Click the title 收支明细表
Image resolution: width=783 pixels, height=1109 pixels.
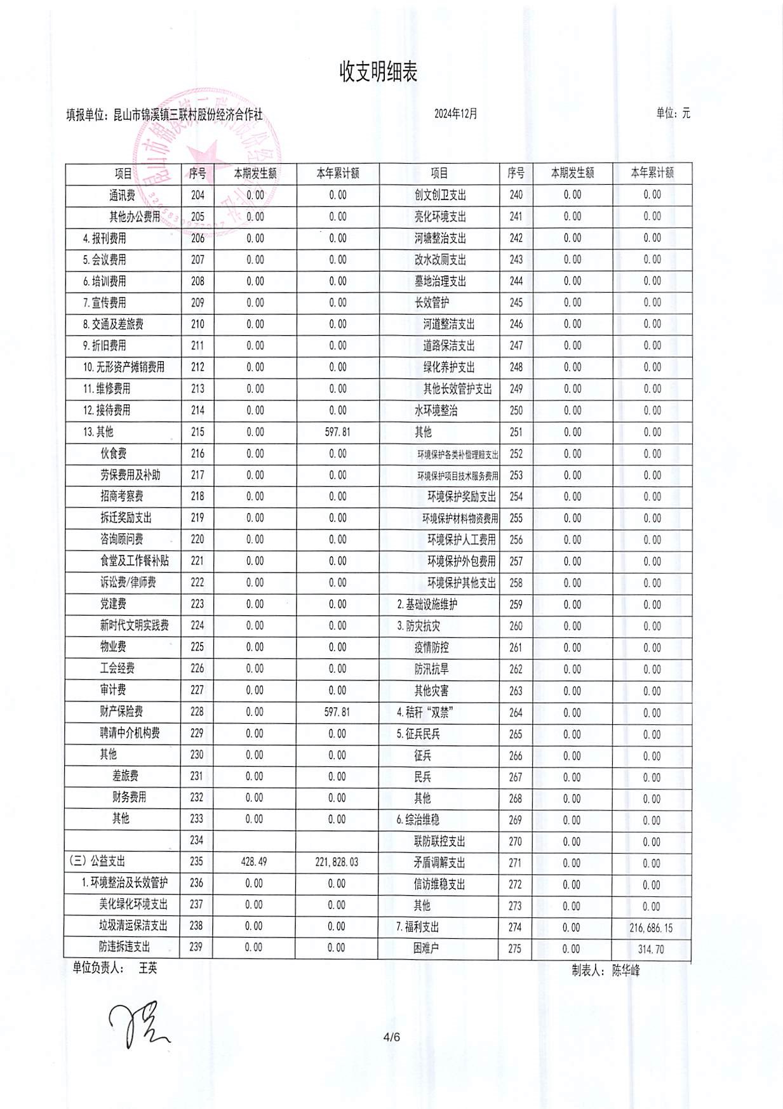click(378, 72)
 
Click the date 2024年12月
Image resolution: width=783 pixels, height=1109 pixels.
click(455, 114)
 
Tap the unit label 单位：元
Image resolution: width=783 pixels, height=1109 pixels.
click(673, 114)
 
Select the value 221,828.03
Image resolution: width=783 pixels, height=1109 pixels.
click(337, 861)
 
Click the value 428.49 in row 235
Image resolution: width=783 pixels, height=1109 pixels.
click(254, 861)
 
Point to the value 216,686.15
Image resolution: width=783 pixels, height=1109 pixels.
click(651, 927)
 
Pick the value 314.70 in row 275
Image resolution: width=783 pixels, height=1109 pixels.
click(651, 949)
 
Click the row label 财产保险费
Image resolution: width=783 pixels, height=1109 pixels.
click(121, 711)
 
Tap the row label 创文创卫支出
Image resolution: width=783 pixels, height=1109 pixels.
click(440, 195)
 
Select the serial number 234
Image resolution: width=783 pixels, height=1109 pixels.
click(197, 840)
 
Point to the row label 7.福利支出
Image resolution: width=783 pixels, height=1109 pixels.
click(418, 927)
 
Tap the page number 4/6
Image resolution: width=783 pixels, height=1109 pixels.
click(392, 1037)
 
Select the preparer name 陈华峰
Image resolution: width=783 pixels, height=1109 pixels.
click(626, 970)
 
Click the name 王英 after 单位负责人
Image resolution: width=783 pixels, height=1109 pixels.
click(148, 968)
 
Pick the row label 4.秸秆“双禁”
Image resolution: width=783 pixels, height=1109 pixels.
click(423, 712)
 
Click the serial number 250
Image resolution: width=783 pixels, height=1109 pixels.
click(516, 411)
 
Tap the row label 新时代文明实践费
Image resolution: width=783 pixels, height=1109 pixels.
click(134, 625)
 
